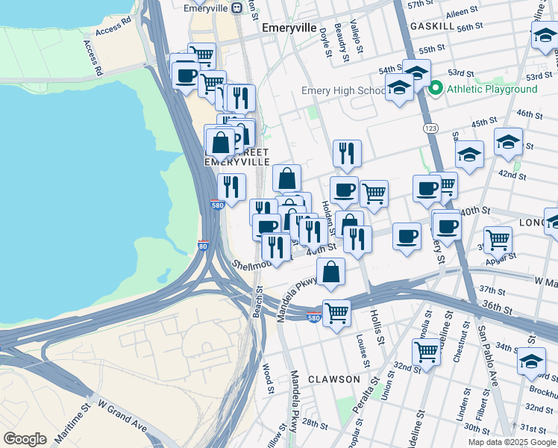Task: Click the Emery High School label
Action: [343, 91]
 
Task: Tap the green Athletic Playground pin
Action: [436, 89]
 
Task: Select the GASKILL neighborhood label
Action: [433, 25]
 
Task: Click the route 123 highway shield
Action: [430, 129]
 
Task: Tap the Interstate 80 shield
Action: [204, 245]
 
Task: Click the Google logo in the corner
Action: [25, 438]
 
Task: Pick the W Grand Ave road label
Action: [123, 420]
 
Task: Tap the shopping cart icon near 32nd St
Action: [426, 350]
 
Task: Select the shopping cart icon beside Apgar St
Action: [498, 239]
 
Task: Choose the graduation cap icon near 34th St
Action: [530, 361]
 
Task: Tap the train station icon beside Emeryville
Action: [236, 7]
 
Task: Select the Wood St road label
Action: [266, 378]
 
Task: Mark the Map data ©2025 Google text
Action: [511, 442]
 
